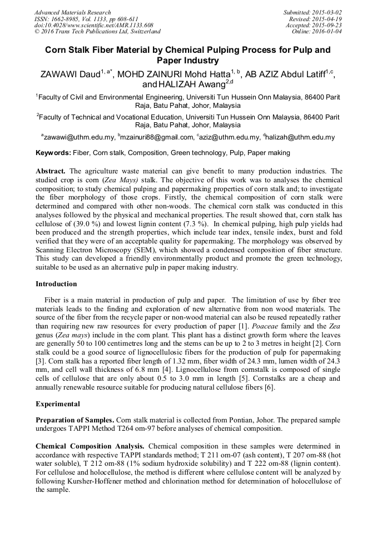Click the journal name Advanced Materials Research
coord(72,12)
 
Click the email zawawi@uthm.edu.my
coord(80,137)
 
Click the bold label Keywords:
coord(53,152)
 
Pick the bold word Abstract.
coord(51,171)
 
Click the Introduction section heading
coord(56,284)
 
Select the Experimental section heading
coord(58,404)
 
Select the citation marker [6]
coord(269,387)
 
